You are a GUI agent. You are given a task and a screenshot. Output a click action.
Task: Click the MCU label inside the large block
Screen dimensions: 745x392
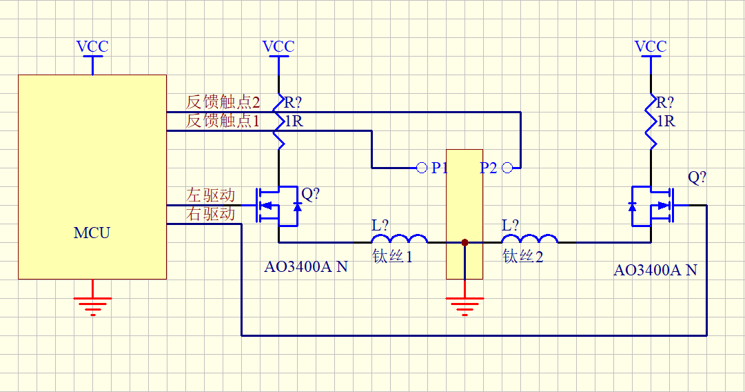tap(92, 233)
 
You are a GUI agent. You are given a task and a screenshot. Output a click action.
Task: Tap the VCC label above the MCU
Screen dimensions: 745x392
tap(92, 47)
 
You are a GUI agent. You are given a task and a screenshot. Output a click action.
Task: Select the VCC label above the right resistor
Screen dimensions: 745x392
tap(651, 47)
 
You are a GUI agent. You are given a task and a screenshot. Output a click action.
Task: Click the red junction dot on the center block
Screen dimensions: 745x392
tap(465, 243)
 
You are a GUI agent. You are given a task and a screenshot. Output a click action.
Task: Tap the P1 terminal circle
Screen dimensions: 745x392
tap(422, 168)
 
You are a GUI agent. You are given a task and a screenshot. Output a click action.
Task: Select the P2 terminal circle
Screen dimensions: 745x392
tap(507, 168)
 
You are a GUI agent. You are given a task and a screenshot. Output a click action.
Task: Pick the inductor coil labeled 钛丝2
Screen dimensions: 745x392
tap(530, 239)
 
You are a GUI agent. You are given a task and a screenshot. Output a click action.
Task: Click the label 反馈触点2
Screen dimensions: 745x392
tap(223, 102)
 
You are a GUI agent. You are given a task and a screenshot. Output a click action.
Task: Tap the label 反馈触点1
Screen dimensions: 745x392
tap(223, 121)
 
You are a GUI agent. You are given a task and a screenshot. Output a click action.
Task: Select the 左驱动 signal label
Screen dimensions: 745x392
tap(210, 195)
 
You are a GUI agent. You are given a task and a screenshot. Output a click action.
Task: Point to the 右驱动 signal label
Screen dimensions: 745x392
tap(210, 214)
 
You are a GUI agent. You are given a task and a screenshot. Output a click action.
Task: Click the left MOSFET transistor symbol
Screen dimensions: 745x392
tap(278, 206)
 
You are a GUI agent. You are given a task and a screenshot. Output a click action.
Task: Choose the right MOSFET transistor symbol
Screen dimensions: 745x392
tap(651, 206)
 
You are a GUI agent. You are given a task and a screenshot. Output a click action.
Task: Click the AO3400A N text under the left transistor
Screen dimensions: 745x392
tap(306, 267)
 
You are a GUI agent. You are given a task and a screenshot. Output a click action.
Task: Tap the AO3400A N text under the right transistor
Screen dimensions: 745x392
tap(655, 271)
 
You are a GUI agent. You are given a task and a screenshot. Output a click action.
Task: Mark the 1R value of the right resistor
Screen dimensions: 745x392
tap(666, 121)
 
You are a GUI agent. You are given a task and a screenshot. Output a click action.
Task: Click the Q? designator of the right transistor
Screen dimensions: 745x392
tap(697, 177)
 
